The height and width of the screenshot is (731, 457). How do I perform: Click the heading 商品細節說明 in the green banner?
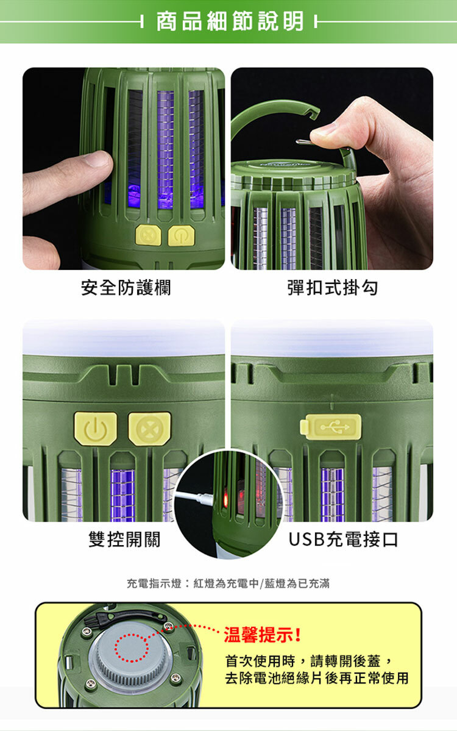coord(229,22)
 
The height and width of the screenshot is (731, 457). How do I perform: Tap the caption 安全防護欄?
coord(126,288)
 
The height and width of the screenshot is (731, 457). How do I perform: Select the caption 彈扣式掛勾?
coord(332,288)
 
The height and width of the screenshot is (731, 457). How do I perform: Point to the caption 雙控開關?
coord(124,540)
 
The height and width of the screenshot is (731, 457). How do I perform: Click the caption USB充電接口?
coord(343,540)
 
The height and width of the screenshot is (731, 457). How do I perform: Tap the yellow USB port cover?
coord(331,427)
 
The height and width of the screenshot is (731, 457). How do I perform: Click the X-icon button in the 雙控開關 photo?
coord(149,429)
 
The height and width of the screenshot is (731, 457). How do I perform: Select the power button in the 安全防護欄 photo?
coord(181,236)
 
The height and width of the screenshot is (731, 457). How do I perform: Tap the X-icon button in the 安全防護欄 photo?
coord(148,235)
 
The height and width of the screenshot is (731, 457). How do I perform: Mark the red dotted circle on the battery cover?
coord(132,647)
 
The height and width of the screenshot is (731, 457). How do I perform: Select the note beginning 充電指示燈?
coord(228,583)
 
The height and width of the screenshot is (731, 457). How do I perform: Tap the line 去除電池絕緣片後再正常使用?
coord(317,679)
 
